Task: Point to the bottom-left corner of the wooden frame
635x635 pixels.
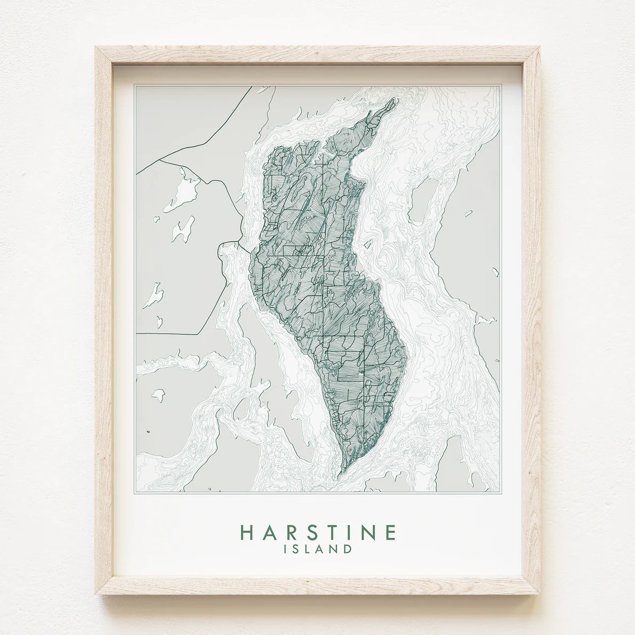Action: coord(97,593)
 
